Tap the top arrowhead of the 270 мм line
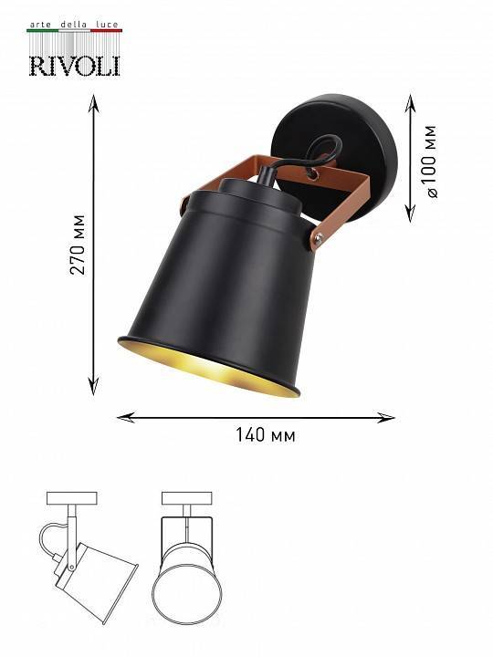click(x=93, y=100)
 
